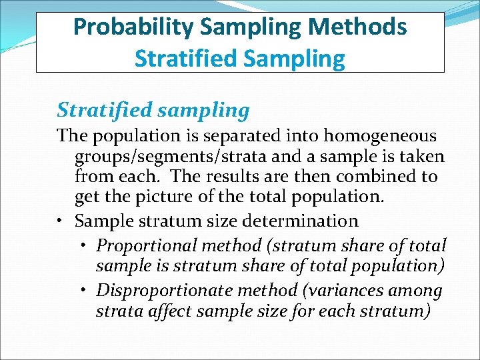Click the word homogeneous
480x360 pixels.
pos(380,136)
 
